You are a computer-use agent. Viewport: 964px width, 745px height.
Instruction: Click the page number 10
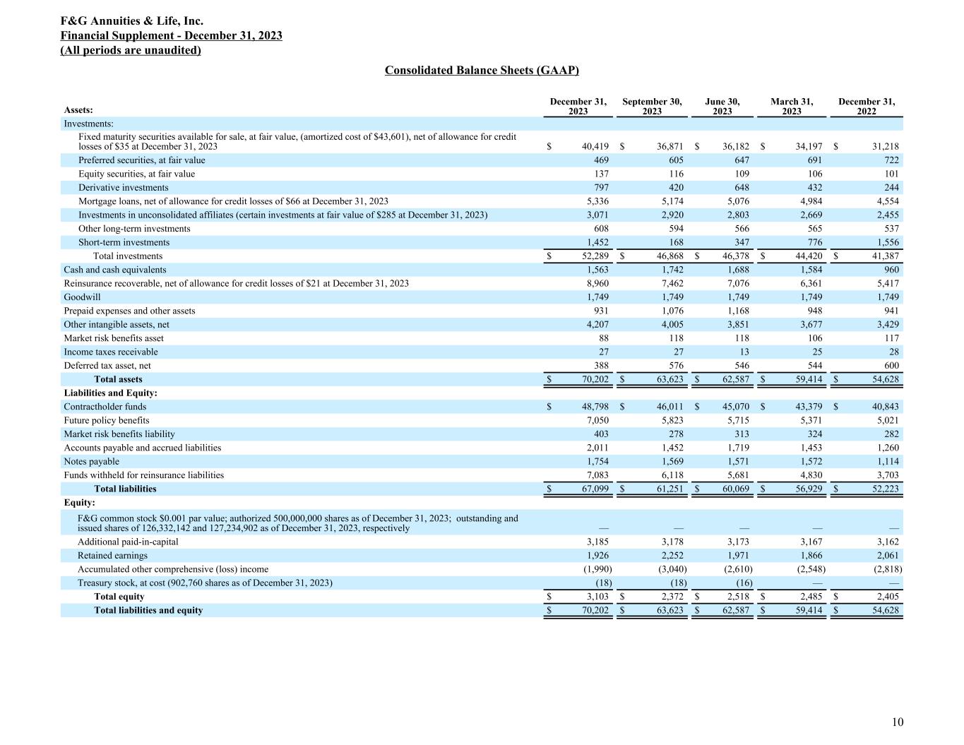pyautogui.click(x=897, y=722)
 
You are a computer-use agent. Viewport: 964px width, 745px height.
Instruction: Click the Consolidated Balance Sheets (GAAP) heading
pyautogui.click(x=482, y=70)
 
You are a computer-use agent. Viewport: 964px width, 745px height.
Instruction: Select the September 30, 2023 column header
pyautogui.click(x=652, y=107)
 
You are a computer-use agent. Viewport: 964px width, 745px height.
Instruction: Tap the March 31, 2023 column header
pyautogui.click(x=792, y=107)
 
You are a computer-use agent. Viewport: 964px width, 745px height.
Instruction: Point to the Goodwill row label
pyautogui.click(x=82, y=297)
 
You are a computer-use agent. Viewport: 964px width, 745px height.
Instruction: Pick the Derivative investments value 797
pyautogui.click(x=600, y=188)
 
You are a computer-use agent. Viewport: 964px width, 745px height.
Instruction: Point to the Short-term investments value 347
pyautogui.click(x=742, y=242)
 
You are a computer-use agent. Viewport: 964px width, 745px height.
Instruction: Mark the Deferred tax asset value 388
pyautogui.click(x=600, y=366)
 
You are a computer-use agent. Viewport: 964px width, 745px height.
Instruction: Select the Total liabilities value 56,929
pyautogui.click(x=807, y=489)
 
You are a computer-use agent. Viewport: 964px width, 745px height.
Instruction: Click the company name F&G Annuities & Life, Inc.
pyautogui.click(x=132, y=21)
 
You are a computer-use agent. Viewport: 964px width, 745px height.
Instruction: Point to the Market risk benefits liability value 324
pyautogui.click(x=814, y=434)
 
